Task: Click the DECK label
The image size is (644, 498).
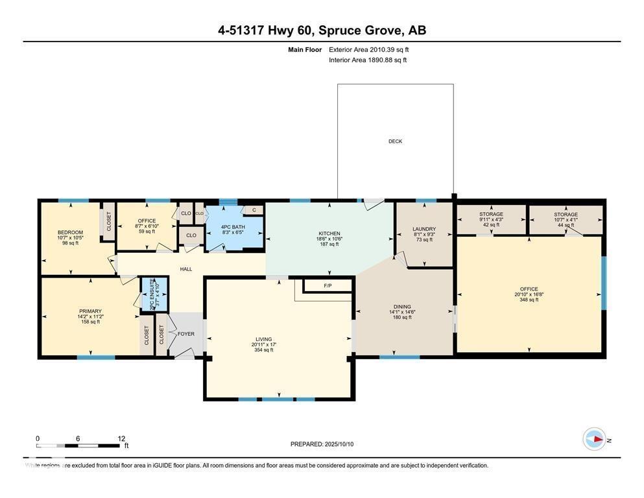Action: point(395,141)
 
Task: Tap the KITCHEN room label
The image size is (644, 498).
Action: point(329,233)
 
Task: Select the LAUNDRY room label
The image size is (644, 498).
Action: point(424,229)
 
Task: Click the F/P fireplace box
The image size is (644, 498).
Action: point(328,286)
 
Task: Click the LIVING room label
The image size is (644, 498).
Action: point(263,339)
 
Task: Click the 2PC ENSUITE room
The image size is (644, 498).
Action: point(155,294)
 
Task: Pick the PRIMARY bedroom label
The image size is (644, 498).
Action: point(90,311)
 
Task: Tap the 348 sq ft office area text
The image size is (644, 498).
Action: point(529,300)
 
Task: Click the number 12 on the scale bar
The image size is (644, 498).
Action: point(121,438)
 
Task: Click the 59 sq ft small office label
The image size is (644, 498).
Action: point(147,231)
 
